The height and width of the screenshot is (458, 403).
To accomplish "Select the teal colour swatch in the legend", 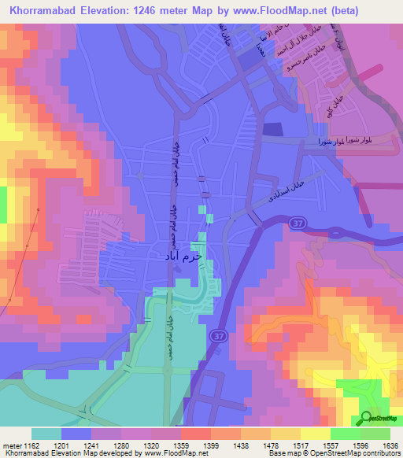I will pyautogui.click(x=46, y=434).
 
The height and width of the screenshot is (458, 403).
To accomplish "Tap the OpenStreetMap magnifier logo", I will pyautogui.click(x=368, y=418).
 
